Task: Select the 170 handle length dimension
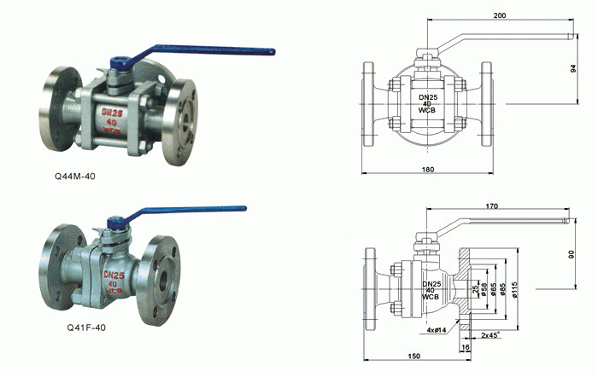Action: (491, 206)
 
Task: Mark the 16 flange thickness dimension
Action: (466, 347)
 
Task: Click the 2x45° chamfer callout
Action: (491, 335)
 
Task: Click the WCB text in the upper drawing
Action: (427, 113)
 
